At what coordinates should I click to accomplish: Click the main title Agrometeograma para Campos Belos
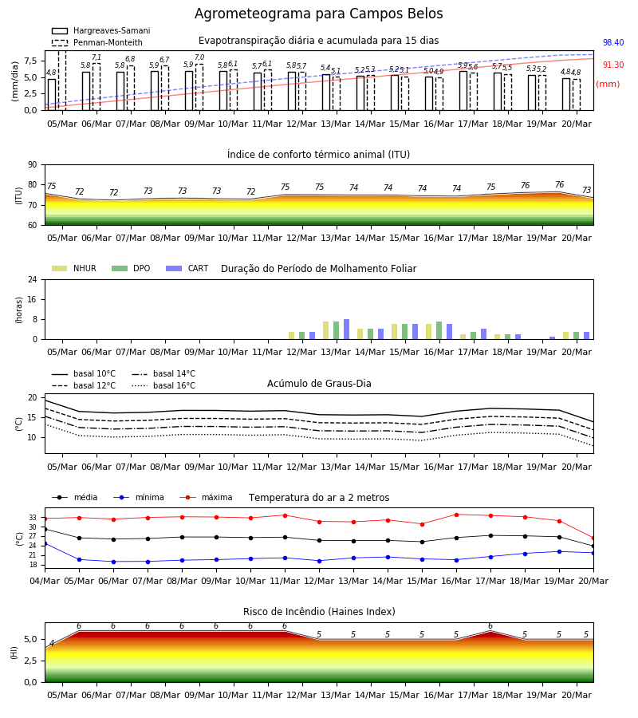(318, 14)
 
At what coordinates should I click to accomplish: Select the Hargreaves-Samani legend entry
(101, 30)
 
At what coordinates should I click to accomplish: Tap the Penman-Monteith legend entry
(97, 42)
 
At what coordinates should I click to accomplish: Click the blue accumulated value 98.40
(613, 42)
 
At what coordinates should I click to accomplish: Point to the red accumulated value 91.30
(613, 65)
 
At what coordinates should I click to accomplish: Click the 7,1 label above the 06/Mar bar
(96, 57)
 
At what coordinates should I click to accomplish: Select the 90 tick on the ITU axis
(33, 165)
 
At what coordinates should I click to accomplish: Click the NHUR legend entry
(74, 268)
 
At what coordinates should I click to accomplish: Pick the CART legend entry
(187, 268)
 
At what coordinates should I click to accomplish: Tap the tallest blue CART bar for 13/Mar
(346, 329)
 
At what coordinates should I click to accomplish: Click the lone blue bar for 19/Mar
(553, 338)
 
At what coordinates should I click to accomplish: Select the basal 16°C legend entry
(163, 385)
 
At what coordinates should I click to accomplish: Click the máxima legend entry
(207, 497)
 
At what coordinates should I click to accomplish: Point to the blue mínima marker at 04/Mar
(45, 543)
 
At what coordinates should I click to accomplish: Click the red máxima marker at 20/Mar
(593, 538)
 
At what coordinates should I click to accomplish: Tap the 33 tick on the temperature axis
(33, 518)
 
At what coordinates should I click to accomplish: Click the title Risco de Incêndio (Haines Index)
(319, 612)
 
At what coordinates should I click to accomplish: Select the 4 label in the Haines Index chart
(52, 643)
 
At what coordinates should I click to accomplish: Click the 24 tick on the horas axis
(33, 279)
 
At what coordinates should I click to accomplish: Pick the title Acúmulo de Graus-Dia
(319, 384)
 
